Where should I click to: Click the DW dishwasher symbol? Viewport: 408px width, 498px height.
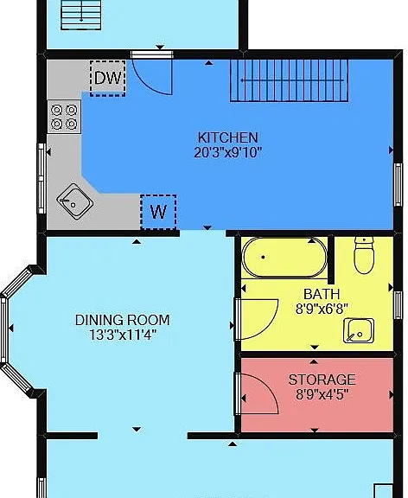[108, 78]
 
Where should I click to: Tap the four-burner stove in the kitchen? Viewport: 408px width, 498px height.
[64, 117]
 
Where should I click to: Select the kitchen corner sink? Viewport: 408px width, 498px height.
[75, 201]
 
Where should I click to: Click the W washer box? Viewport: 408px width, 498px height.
[158, 212]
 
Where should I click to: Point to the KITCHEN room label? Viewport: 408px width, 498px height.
[227, 137]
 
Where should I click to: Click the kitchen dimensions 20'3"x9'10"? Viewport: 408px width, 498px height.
[227, 153]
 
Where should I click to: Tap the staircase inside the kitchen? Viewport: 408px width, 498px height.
[289, 80]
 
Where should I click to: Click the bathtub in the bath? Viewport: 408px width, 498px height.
[284, 258]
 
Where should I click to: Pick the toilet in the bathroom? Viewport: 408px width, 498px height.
[364, 255]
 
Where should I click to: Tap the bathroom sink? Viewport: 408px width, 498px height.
[359, 330]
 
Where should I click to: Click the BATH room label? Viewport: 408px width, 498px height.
[322, 294]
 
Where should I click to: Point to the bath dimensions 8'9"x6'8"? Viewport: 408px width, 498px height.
[322, 309]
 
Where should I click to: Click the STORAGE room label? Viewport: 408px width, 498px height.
[322, 380]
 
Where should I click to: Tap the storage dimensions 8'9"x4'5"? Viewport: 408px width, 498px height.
[322, 395]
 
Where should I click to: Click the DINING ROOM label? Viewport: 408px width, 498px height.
[122, 320]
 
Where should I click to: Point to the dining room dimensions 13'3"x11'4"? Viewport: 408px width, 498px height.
[122, 335]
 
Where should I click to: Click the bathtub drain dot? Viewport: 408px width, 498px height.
[263, 257]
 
